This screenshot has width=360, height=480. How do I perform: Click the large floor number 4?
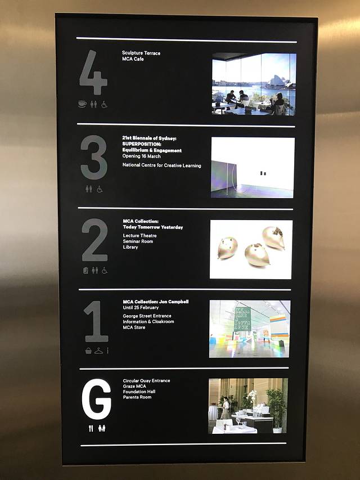click(94, 73)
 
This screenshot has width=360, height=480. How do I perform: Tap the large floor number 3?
click(94, 157)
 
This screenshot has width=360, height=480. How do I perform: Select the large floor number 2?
click(95, 240)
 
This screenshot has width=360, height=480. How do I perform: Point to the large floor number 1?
click(96, 321)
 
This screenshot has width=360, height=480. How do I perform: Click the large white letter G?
click(96, 399)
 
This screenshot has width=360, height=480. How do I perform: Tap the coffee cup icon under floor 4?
click(82, 105)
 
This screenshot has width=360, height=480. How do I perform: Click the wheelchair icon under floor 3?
click(100, 189)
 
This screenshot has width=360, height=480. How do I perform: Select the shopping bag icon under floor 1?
click(88, 351)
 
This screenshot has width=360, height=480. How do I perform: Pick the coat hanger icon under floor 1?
click(99, 351)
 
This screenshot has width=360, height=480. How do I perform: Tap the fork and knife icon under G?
click(91, 429)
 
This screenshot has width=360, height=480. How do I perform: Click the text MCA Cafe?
click(133, 59)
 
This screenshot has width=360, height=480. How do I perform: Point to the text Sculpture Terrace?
click(141, 53)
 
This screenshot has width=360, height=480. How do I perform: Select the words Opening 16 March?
click(141, 156)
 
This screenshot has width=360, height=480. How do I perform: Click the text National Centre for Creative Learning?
click(161, 165)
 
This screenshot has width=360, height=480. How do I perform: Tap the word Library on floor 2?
click(130, 247)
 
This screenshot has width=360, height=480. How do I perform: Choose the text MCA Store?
click(134, 328)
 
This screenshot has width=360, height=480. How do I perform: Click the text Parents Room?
click(137, 397)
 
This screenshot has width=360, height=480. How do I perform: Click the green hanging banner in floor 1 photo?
click(242, 318)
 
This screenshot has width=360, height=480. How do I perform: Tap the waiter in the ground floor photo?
click(226, 408)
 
